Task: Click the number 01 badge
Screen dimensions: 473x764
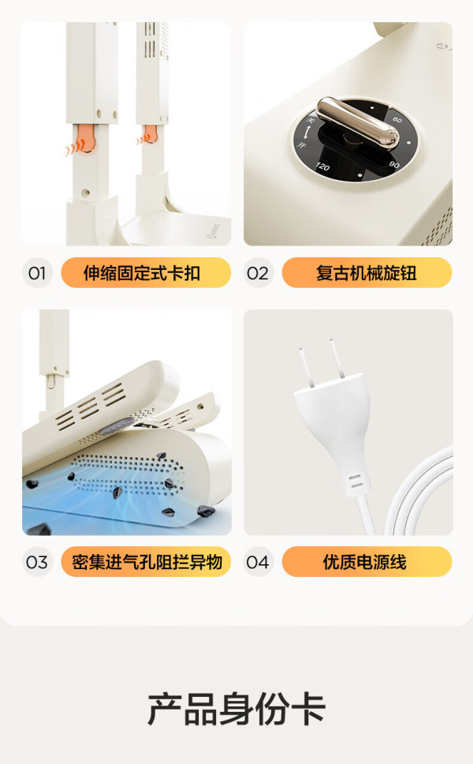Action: [x=37, y=273]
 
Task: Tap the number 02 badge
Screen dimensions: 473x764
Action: [x=258, y=273]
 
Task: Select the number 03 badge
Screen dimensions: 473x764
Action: [x=37, y=562]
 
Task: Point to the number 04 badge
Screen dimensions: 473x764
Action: [x=258, y=562]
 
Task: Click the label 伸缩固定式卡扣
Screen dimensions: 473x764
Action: [x=142, y=273]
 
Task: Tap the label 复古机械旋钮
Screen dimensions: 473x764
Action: [x=367, y=273]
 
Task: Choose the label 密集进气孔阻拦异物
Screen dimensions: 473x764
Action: [x=147, y=562]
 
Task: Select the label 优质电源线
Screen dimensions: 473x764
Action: [x=365, y=562]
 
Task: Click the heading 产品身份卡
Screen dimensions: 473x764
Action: [x=236, y=709]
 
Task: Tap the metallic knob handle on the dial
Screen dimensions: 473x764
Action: [x=358, y=123]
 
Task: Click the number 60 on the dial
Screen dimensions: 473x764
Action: [x=397, y=119]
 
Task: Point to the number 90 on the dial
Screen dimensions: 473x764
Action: [x=394, y=165]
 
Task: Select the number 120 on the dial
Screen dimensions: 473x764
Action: [x=322, y=167]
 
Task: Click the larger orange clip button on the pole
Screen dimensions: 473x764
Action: [x=86, y=138]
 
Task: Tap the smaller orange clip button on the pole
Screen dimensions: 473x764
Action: [x=150, y=134]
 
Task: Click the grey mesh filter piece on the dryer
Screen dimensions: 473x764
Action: [x=116, y=425]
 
